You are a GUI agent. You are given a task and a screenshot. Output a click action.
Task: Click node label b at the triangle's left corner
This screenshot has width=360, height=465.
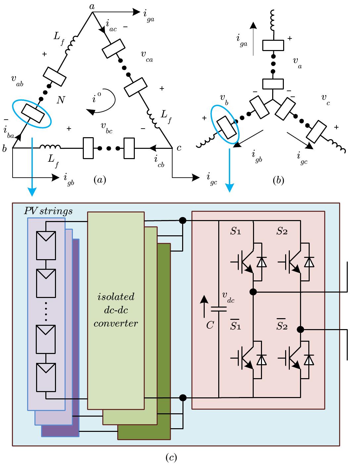pos(4,149)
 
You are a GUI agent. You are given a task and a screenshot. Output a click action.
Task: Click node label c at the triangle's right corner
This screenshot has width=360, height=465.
pos(179,148)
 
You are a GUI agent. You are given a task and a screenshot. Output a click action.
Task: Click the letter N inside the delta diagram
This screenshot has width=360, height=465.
pos(60,100)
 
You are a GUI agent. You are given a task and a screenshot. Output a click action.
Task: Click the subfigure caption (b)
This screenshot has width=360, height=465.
pos(278,180)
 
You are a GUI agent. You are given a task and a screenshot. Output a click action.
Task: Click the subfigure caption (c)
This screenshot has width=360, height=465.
pos(171,458)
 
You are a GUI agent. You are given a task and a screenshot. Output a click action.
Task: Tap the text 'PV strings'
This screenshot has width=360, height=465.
pos(48,211)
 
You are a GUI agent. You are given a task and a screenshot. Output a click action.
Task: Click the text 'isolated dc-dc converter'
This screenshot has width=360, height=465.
pos(116,310)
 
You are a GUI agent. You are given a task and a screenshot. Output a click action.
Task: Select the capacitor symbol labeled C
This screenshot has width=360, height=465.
pos(219,309)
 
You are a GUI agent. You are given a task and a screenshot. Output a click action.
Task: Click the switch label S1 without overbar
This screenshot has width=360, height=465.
pos(235,232)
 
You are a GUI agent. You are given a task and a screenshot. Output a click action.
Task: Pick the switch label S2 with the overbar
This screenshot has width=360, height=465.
pos(282,325)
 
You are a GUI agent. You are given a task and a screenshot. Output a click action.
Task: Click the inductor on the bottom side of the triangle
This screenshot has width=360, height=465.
pos(50,147)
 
